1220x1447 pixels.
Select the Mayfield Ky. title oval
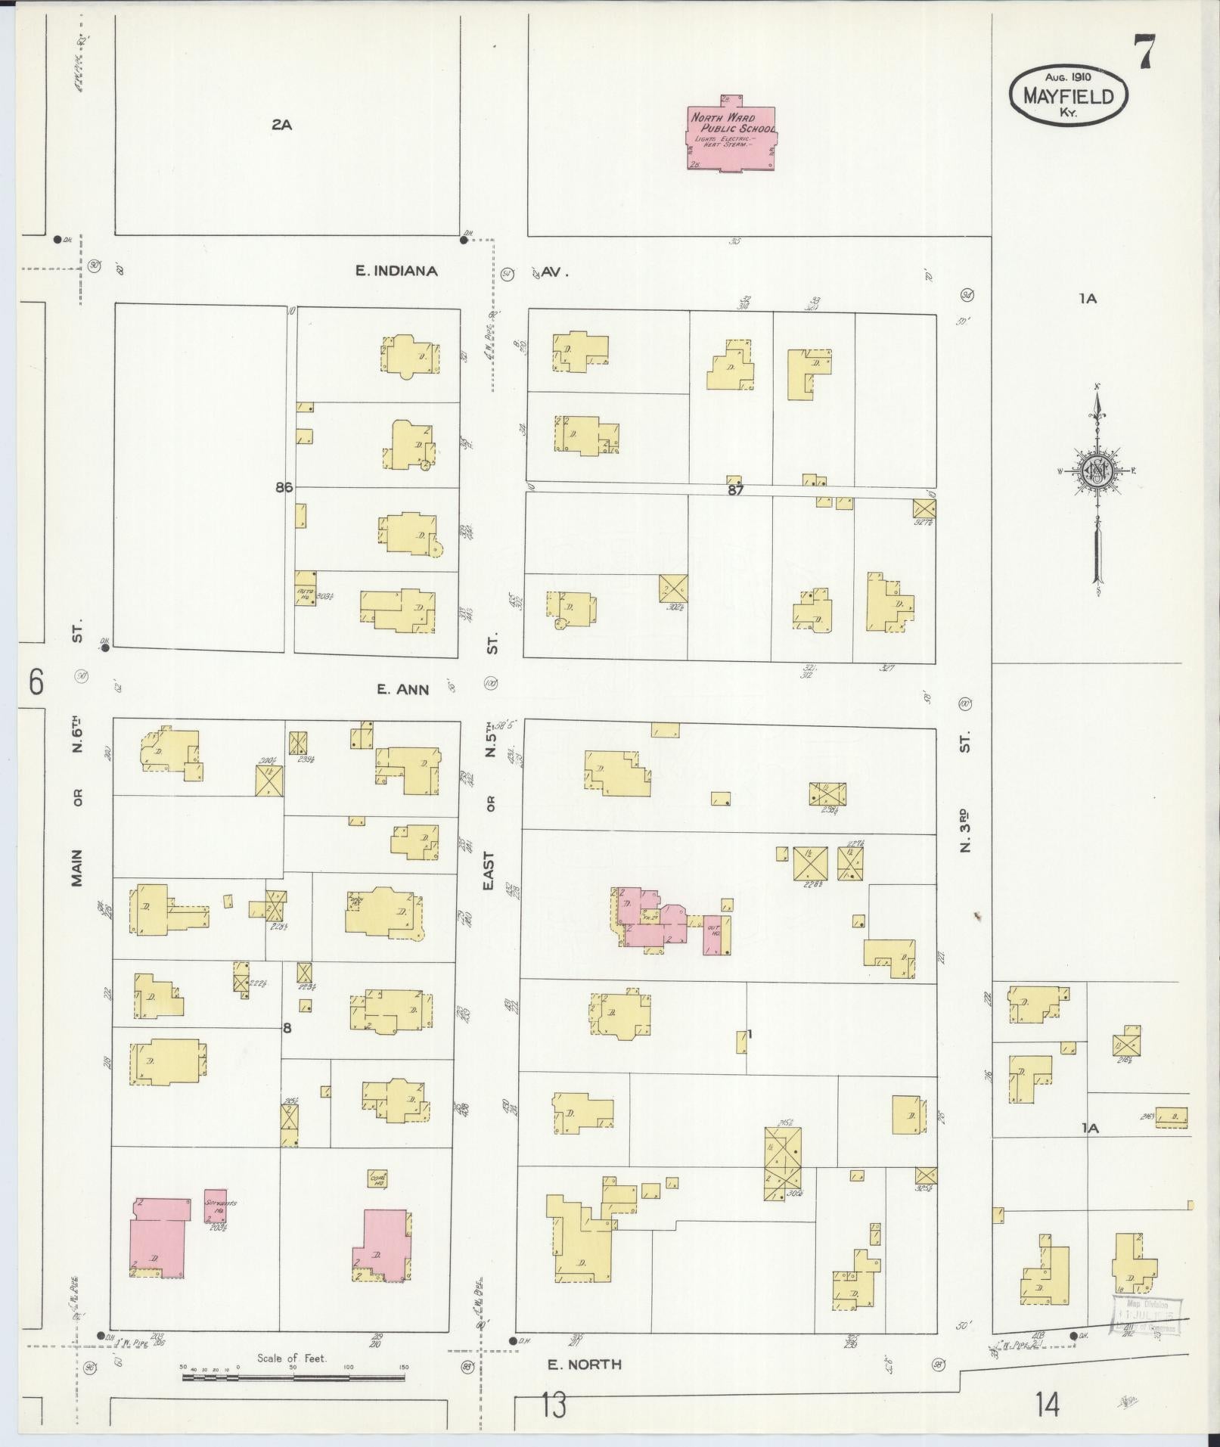coord(1068,95)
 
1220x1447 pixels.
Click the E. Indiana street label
coord(397,271)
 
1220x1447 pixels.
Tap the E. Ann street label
coord(403,689)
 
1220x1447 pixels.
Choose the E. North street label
coord(585,1365)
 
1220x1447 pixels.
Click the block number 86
coord(284,488)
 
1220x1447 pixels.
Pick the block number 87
coord(735,490)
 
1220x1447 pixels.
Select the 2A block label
coord(281,125)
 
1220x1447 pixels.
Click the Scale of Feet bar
coord(293,1377)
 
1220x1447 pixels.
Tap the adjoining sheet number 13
coord(553,1405)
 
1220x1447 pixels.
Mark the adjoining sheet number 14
coord(1048,1405)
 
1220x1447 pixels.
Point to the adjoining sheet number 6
coord(36,682)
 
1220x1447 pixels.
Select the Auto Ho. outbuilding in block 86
coord(305,595)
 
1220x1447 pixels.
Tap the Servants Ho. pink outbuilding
coord(215,1206)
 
